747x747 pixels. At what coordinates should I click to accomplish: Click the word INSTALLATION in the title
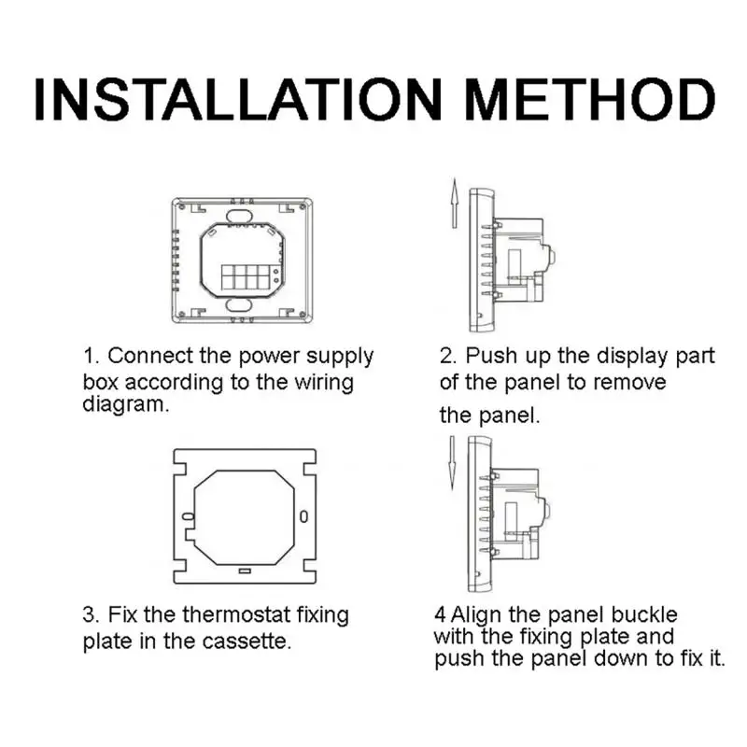coord(238,99)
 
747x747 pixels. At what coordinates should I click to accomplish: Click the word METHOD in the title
coord(590,99)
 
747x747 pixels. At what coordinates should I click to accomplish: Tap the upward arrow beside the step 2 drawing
coord(455,204)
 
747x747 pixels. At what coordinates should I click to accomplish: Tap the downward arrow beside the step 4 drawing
coord(452,463)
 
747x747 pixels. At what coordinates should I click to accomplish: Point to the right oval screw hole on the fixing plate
coord(303,516)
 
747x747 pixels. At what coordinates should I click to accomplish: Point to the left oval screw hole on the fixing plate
coord(189,516)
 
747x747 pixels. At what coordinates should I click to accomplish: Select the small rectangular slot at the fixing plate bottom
coord(245,571)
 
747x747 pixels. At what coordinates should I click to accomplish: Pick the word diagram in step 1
coord(126,405)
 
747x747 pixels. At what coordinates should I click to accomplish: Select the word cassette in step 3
coord(249,641)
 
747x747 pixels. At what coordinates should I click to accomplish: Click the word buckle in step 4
coord(644,614)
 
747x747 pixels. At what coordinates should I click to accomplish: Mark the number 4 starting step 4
coord(440,615)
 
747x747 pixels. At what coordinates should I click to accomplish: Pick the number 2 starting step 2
coord(448,357)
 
